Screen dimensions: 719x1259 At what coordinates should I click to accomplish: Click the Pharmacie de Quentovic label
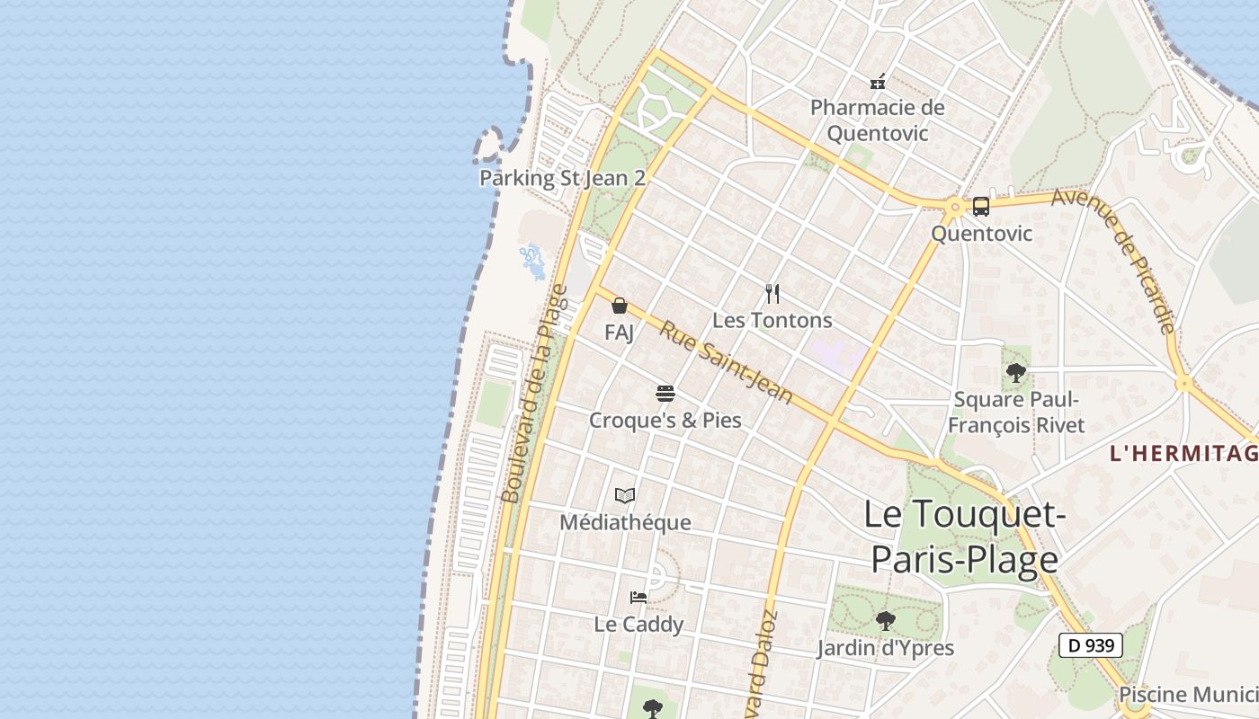[877, 120]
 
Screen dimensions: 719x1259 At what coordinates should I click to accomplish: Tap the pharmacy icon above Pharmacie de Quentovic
[878, 82]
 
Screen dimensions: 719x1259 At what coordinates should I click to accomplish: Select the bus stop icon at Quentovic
[981, 207]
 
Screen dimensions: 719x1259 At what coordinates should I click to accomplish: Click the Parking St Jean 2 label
[562, 178]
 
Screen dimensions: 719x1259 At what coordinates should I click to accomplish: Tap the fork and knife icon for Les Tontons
[772, 293]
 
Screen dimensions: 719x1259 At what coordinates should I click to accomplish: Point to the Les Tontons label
[772, 320]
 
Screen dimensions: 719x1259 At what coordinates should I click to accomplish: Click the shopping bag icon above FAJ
[619, 306]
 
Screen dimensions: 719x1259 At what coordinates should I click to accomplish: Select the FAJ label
[619, 333]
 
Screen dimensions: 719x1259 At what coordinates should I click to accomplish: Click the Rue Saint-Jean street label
[726, 361]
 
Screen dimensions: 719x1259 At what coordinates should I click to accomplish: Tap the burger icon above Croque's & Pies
[665, 393]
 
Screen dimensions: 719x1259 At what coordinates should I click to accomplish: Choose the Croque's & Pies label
[665, 420]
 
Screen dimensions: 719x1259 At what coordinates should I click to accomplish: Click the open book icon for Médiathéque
[625, 495]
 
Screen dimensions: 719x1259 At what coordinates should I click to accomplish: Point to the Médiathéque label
[625, 522]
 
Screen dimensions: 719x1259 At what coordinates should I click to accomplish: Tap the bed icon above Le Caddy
[638, 597]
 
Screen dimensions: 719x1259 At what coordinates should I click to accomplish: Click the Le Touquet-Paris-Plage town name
[964, 537]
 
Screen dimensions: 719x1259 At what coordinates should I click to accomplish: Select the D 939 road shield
[1090, 644]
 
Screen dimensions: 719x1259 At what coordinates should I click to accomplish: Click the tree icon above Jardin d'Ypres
[885, 620]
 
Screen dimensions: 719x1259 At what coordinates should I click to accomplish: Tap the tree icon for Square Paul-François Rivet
[1016, 372]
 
